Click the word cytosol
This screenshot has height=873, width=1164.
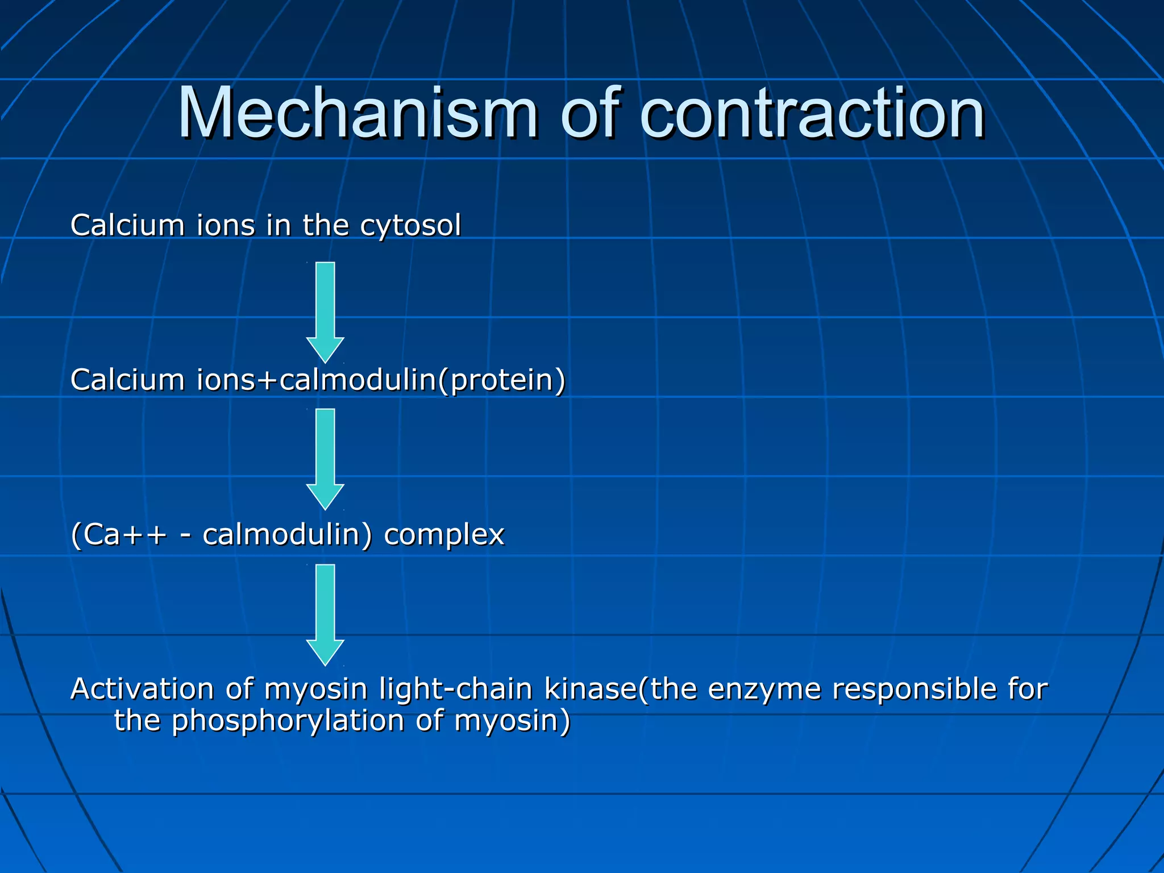[410, 226]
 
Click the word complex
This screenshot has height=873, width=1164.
[444, 535]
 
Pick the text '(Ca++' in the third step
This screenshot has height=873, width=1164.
[119, 535]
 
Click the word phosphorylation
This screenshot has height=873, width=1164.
[288, 721]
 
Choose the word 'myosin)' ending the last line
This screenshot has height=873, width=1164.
[512, 721]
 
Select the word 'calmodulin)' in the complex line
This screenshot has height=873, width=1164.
[287, 535]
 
